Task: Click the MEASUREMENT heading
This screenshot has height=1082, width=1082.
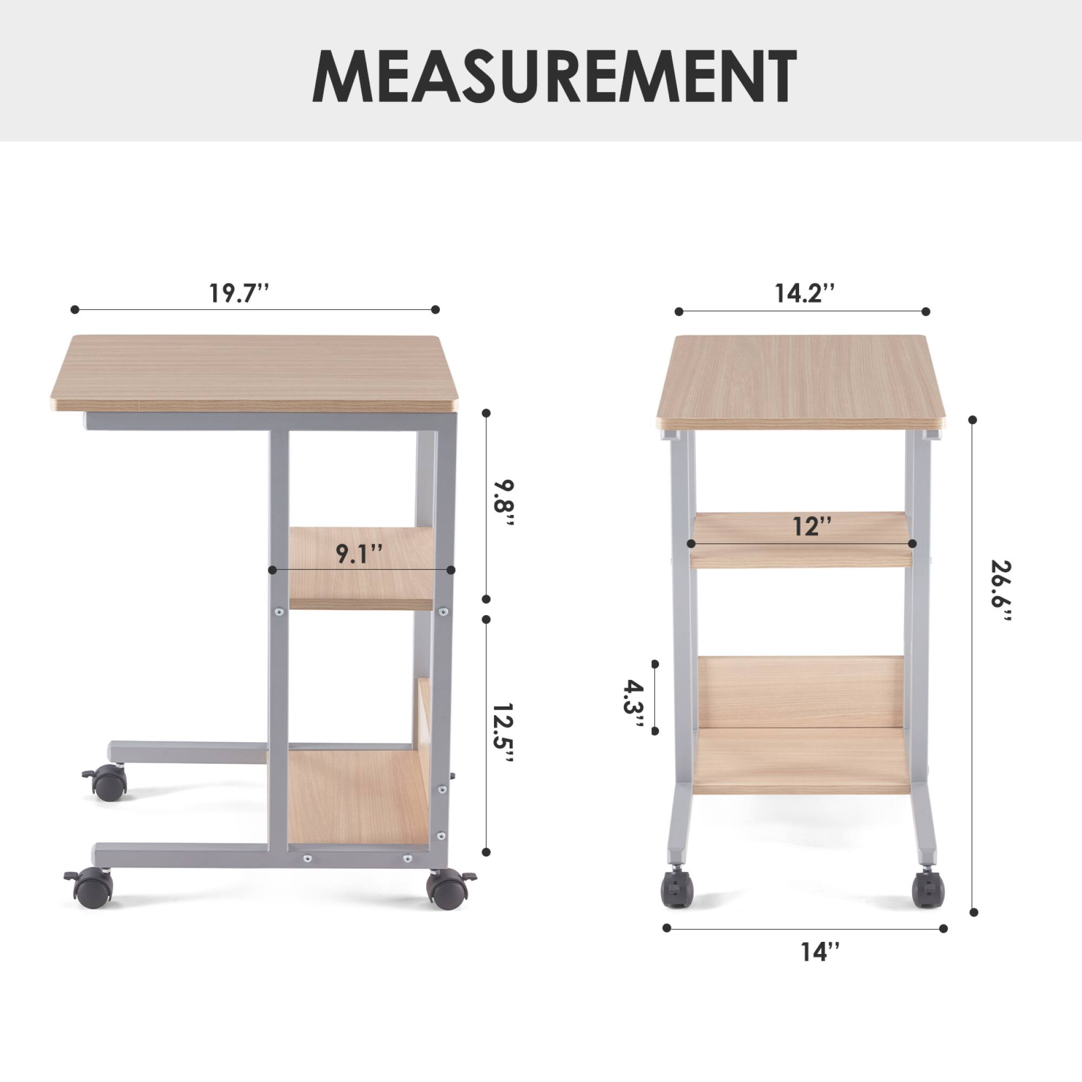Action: (555, 76)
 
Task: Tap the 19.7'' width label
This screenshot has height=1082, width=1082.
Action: (239, 293)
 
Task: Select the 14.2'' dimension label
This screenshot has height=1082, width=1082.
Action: (805, 293)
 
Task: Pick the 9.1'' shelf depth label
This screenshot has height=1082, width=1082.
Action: (359, 554)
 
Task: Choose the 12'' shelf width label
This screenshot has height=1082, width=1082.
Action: (812, 526)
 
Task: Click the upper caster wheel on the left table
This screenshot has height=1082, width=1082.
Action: (108, 784)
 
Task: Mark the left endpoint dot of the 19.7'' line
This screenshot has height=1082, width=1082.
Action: (75, 309)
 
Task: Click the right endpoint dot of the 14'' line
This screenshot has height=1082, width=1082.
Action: (944, 928)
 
